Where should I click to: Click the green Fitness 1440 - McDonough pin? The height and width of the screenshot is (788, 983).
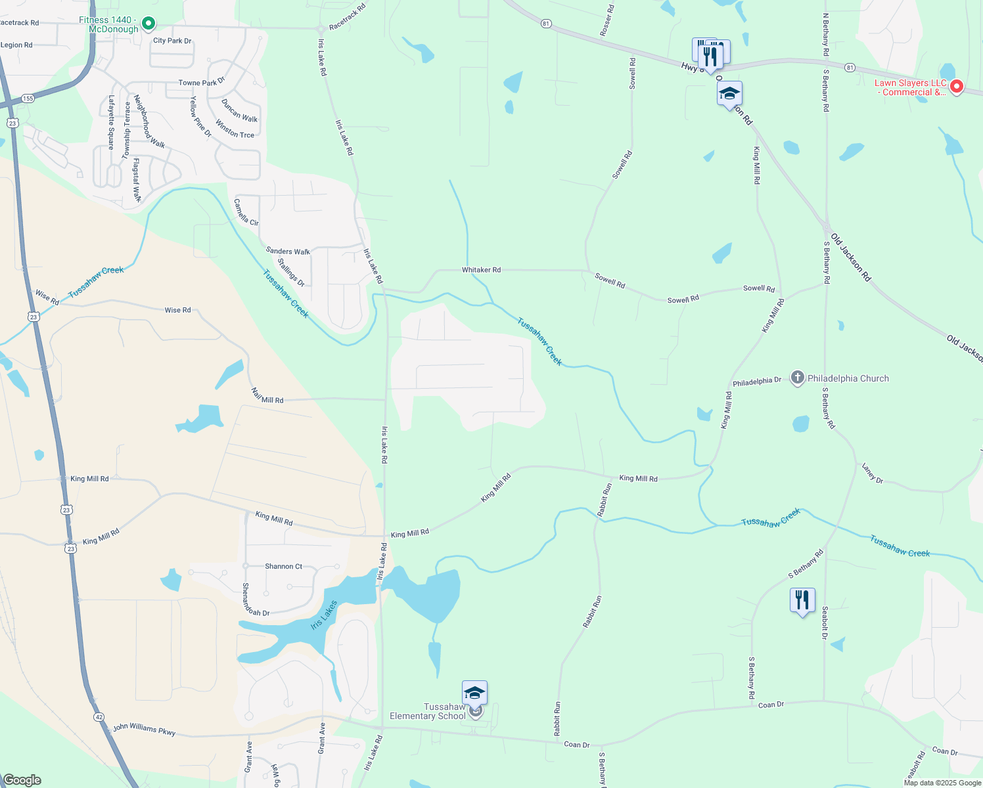(x=149, y=24)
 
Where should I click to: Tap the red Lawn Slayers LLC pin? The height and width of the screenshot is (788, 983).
(x=957, y=86)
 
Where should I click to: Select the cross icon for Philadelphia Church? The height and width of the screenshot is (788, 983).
(x=797, y=378)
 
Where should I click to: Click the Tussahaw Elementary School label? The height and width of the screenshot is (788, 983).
(x=428, y=711)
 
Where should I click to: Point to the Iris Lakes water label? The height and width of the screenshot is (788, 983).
(x=324, y=615)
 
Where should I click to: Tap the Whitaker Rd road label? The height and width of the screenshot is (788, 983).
(x=481, y=270)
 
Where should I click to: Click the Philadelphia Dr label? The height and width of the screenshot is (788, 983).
(x=757, y=382)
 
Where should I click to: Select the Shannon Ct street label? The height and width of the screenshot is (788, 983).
(x=283, y=566)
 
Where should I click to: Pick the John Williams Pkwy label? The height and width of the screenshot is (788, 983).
(x=144, y=729)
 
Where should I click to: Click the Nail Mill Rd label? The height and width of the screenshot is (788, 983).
(x=267, y=396)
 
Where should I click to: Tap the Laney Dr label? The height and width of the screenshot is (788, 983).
(x=873, y=473)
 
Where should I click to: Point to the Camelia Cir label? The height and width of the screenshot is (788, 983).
(x=246, y=212)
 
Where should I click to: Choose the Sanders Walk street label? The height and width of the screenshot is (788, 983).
(x=288, y=251)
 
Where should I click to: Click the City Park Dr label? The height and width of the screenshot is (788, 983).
(x=172, y=41)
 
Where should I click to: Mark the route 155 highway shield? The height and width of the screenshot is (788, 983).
(x=28, y=98)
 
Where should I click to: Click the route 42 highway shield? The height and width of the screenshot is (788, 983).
(x=99, y=716)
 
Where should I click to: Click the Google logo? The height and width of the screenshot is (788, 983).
(x=22, y=780)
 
